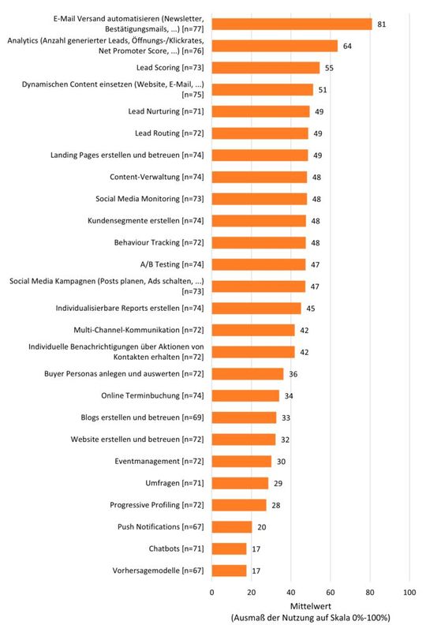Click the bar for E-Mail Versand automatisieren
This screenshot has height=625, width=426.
click(292, 24)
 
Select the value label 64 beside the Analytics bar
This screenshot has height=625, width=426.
click(347, 46)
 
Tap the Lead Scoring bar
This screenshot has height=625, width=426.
click(266, 68)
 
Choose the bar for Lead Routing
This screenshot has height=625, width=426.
click(260, 133)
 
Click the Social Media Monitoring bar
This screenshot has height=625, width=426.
click(259, 199)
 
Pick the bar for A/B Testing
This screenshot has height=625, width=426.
click(258, 264)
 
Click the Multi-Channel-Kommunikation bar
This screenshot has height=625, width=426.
click(253, 330)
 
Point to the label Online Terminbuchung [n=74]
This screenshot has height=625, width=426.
click(155, 395)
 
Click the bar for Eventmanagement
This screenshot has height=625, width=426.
click(241, 461)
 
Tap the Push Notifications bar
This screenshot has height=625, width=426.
click(232, 526)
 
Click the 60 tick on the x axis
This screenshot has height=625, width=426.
click(331, 590)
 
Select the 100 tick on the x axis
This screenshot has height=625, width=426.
click(409, 590)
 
